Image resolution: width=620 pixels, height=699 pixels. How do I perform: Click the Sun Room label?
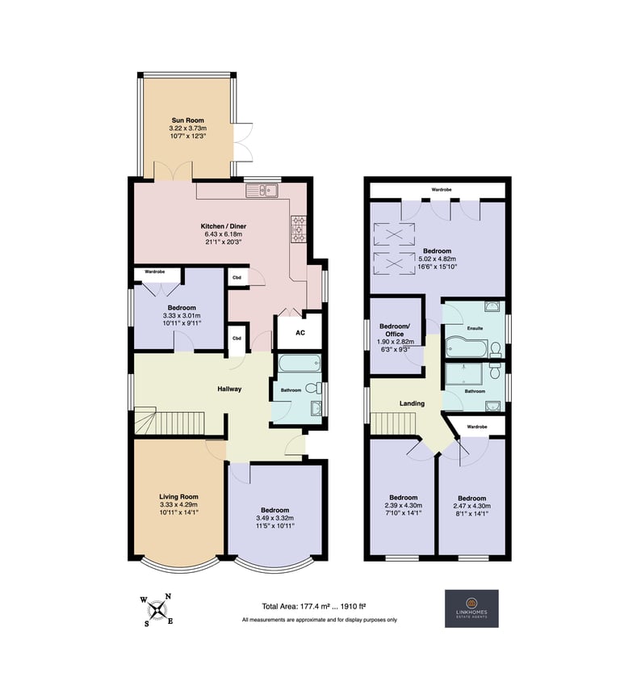click(x=188, y=120)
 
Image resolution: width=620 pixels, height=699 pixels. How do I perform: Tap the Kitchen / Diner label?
click(x=223, y=226)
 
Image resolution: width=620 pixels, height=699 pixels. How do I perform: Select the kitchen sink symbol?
click(x=262, y=191)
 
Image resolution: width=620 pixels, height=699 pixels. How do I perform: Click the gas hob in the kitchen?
click(x=298, y=229)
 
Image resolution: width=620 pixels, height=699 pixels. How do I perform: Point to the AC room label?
click(x=300, y=333)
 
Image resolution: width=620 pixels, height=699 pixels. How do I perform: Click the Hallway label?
click(x=229, y=389)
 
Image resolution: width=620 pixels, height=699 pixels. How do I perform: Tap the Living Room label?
click(x=178, y=497)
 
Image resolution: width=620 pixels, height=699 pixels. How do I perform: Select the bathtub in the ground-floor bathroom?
click(x=300, y=364)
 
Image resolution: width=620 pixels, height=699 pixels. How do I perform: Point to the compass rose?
click(x=157, y=610)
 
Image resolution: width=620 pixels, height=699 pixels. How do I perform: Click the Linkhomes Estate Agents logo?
click(x=471, y=608)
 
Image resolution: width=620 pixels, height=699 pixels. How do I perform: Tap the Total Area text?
click(x=314, y=606)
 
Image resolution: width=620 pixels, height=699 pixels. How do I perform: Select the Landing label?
click(x=412, y=403)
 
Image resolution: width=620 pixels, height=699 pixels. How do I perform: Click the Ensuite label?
click(x=475, y=328)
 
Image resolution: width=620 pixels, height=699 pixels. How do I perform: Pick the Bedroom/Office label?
click(x=394, y=330)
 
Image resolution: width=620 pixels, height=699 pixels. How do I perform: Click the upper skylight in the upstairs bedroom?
click(x=393, y=234)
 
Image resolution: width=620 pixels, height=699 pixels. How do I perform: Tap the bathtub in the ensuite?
click(x=467, y=347)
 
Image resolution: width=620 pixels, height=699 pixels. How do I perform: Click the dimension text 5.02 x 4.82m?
click(x=437, y=259)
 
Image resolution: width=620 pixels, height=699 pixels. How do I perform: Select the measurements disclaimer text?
click(x=320, y=620)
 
